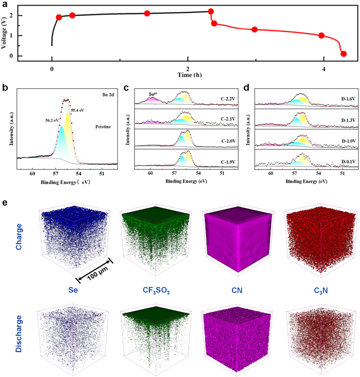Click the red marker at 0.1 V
pos(343,54)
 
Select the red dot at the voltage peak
pos(211,11)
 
